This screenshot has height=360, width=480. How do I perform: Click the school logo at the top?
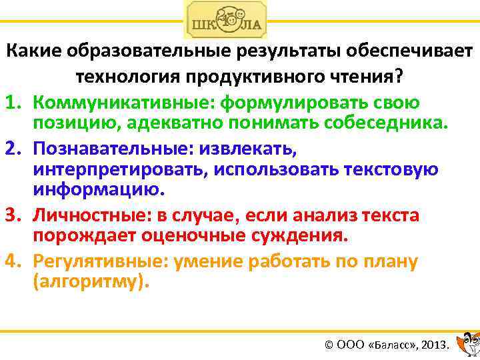coord(225,20)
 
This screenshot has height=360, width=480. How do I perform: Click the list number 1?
coord(14,103)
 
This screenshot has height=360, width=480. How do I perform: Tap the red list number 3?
coord(14,215)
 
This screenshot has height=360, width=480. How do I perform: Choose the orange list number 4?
coord(14,261)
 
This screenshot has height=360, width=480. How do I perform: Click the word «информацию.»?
coord(97,190)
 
